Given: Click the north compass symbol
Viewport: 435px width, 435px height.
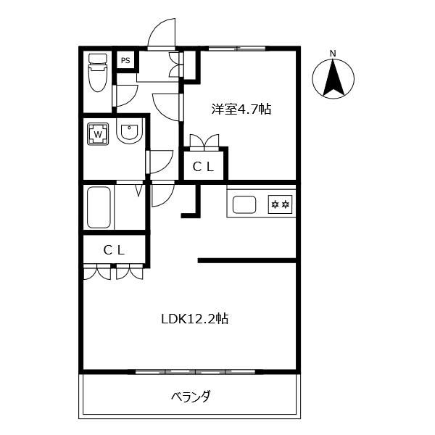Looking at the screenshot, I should tap(333, 78).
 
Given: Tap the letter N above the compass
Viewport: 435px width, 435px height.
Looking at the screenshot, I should tap(333, 53).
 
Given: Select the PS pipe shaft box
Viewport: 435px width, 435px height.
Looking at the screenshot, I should tap(125, 60).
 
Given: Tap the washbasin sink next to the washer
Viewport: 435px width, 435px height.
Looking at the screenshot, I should tap(128, 133).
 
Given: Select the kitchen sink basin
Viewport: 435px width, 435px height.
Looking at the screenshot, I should tap(244, 204).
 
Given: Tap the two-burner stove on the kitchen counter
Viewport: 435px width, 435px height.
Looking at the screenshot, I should tap(280, 204).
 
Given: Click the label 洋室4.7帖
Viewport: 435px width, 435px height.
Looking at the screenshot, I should tap(241, 109).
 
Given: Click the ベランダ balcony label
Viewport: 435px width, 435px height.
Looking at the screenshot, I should tap(191, 397).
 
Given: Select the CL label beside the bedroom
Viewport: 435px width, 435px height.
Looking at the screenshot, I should tap(203, 166).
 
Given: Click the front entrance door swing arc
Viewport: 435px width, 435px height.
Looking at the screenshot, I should tap(162, 33).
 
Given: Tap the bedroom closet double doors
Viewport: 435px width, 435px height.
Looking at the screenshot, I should tap(204, 141).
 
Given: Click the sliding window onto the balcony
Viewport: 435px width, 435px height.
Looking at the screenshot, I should tap(191, 371).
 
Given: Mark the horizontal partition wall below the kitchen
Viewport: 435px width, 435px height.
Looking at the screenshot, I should tap(247, 260).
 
